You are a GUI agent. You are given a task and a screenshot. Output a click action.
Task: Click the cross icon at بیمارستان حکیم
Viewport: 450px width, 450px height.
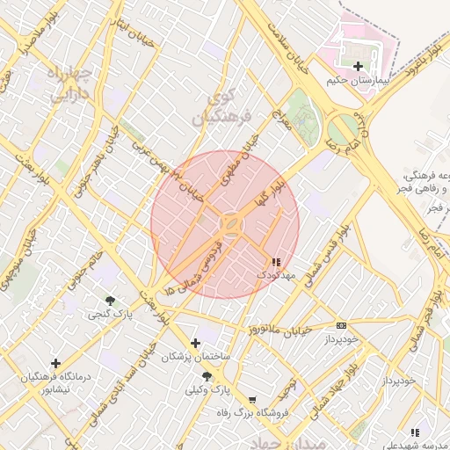[358, 66]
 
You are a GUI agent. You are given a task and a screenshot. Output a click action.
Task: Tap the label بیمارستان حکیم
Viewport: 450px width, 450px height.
[357, 80]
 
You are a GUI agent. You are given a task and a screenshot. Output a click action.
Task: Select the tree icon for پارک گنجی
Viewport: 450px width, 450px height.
[110, 301]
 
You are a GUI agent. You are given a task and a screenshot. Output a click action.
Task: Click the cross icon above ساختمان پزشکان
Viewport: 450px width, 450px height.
[195, 343]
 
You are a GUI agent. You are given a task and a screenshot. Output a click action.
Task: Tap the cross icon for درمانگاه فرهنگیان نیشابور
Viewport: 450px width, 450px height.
[55, 363]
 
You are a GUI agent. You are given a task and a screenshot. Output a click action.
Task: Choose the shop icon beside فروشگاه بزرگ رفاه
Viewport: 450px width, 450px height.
[253, 399]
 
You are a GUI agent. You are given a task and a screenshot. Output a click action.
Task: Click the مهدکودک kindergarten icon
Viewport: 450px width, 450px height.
[277, 261]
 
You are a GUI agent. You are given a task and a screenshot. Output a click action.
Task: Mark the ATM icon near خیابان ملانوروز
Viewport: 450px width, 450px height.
[341, 325]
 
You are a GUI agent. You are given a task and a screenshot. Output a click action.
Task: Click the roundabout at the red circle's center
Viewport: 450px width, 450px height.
[231, 225]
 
